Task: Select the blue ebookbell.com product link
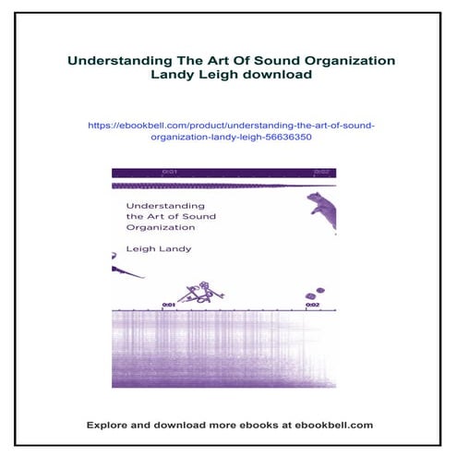228,129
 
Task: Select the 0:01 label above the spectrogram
169,304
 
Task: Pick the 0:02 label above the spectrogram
313,304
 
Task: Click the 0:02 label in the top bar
321,172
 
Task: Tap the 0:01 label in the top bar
169,172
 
